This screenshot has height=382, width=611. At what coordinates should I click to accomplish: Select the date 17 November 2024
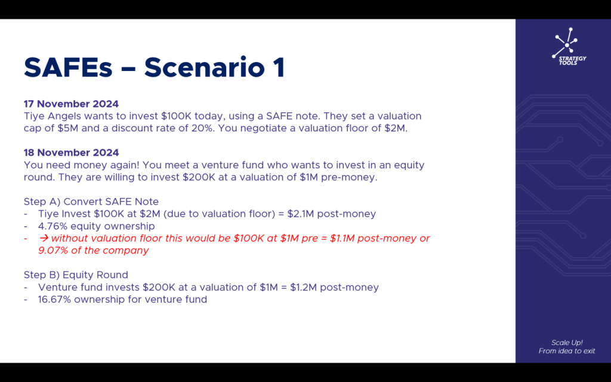(x=72, y=104)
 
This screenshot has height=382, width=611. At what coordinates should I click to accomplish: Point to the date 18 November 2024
(x=72, y=152)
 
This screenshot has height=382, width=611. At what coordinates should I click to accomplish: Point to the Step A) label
(x=42, y=202)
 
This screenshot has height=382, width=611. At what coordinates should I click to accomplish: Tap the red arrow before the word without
(x=44, y=238)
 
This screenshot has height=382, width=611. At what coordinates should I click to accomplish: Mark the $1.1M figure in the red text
(x=342, y=238)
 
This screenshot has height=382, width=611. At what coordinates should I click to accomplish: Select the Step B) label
(x=42, y=275)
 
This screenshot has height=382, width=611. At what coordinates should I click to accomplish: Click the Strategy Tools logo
(x=569, y=46)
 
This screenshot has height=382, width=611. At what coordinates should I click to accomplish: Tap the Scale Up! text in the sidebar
(x=567, y=343)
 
